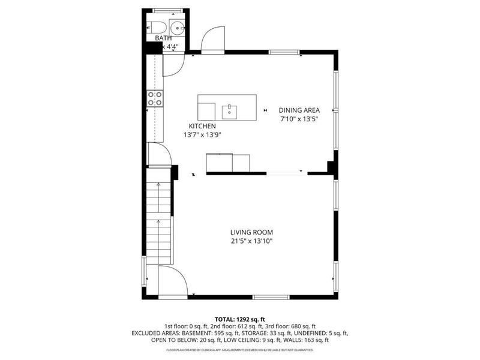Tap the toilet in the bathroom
[x=157, y=27]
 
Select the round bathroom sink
[x=178, y=27]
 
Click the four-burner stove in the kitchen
[x=155, y=98]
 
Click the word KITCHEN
[x=202, y=126]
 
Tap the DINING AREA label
[x=299, y=110]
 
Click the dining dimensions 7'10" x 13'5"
[x=299, y=119]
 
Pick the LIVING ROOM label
[x=251, y=232]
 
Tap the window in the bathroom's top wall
[x=167, y=10]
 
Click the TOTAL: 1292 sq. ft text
[x=240, y=319]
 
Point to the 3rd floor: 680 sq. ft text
[x=293, y=326]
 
